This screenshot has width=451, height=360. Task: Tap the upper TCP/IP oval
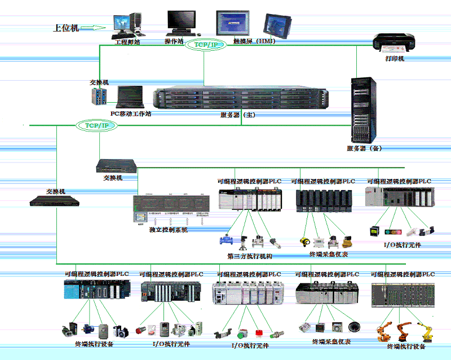205,45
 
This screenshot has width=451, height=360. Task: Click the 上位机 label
66,27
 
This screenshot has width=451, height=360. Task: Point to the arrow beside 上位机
98,27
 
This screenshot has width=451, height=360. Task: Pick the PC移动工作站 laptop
129,96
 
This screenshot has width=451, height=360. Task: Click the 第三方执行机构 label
250,256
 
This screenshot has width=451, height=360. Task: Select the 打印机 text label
395,58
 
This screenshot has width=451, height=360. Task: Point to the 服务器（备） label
364,148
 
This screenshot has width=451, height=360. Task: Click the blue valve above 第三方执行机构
228,240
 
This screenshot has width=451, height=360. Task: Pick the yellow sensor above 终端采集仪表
306,240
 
